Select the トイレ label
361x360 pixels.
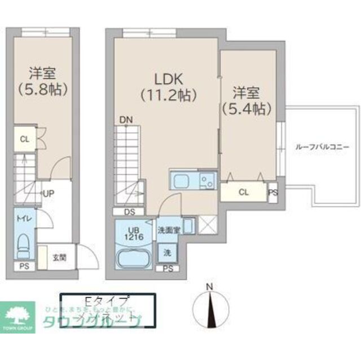(23, 219)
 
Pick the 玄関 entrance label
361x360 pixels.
(59, 258)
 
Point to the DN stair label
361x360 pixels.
(126, 119)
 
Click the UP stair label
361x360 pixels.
(49, 193)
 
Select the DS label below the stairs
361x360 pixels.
(129, 212)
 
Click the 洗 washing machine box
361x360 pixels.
(167, 252)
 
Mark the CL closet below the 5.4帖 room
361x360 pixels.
(243, 192)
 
